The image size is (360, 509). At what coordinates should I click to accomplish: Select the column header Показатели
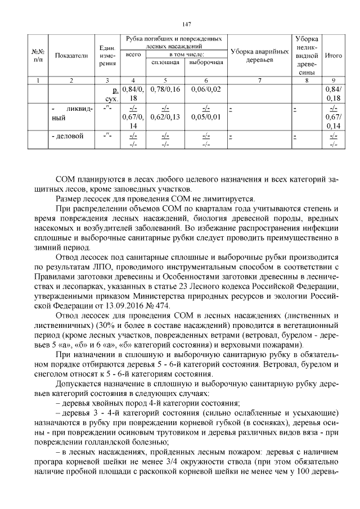tap(71, 56)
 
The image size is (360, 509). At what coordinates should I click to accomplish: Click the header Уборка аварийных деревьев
tap(259, 56)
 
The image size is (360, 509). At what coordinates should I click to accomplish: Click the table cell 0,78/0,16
tap(165, 90)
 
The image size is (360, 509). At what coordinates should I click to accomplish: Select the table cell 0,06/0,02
tap(206, 90)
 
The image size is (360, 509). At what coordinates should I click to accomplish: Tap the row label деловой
tap(69, 136)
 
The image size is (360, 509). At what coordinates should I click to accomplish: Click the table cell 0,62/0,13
tap(165, 117)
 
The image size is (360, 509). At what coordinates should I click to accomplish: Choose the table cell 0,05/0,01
tap(206, 117)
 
